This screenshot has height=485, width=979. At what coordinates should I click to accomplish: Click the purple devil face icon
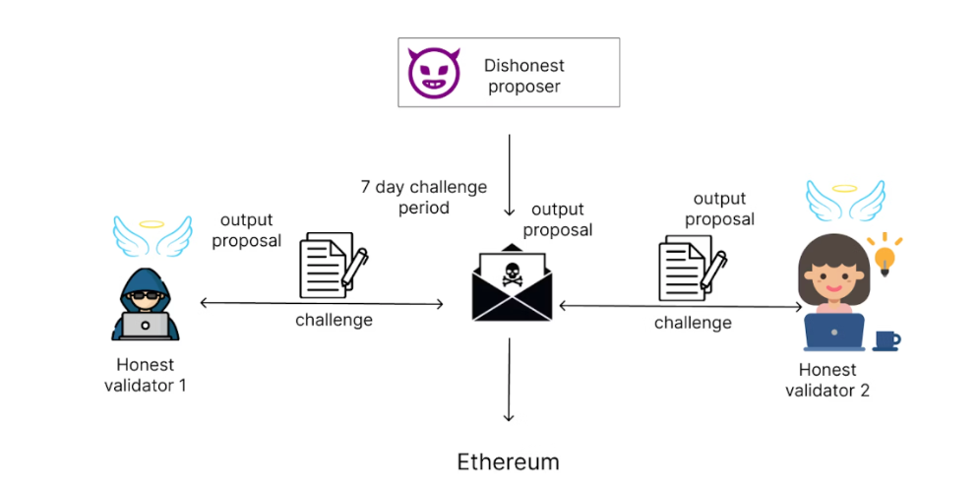point(434,73)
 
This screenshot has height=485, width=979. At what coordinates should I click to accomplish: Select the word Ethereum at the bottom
point(508,461)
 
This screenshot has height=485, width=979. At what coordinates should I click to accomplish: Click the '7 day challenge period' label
point(422,197)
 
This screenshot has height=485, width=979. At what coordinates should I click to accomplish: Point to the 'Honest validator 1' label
point(145,375)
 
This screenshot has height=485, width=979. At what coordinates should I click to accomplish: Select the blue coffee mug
point(886,340)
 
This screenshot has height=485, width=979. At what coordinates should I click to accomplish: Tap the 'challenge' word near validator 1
point(334,320)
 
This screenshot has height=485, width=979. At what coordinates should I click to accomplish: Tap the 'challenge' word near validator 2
point(693,323)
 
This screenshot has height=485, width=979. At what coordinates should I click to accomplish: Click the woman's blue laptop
point(833,332)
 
